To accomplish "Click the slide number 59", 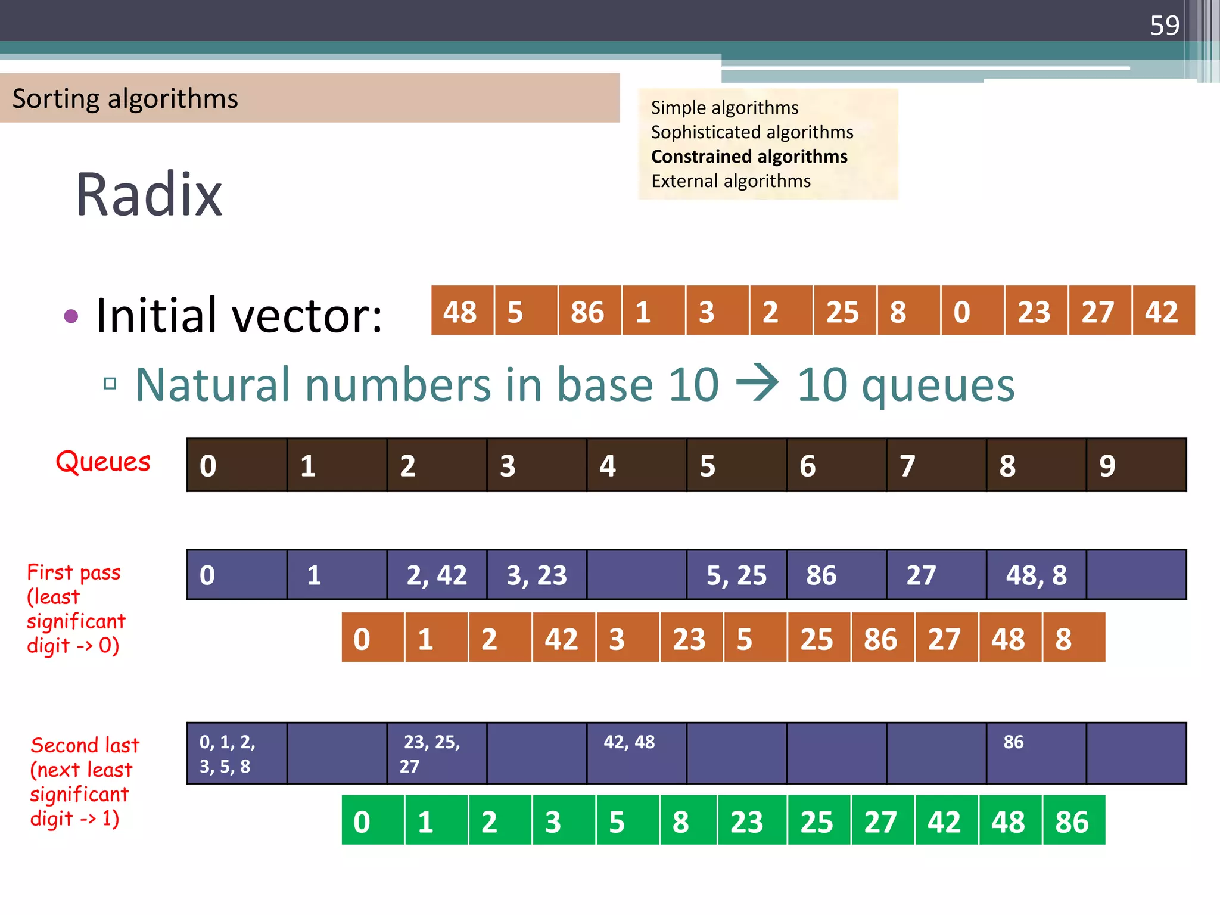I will tap(1164, 26).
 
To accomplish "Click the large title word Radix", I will tap(149, 194).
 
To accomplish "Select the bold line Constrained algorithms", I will tap(749, 157).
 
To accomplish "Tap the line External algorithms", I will tap(730, 181).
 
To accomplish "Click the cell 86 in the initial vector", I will tap(589, 311).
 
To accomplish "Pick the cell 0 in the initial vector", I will tap(972, 311).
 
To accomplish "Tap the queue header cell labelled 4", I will tap(636, 465).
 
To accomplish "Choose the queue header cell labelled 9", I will tap(1136, 465).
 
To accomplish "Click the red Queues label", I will tap(103, 462).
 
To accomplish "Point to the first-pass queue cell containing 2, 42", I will tap(437, 575).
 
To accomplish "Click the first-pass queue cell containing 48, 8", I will tap(1036, 575).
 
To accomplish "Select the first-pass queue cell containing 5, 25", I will tap(736, 575).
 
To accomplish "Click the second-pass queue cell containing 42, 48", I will tap(636, 753).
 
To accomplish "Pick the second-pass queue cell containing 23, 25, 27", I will tap(437, 753).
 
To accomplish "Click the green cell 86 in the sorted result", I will tap(1073, 821).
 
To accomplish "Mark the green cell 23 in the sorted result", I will tap(751, 821).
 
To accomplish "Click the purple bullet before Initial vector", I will tap(71, 316).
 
